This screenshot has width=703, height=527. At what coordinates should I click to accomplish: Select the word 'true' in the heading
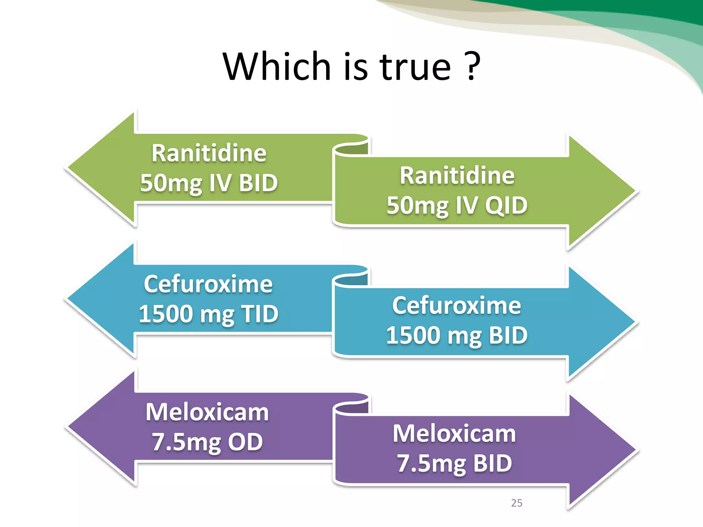(x=415, y=67)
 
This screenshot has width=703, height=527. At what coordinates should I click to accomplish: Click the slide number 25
(x=516, y=503)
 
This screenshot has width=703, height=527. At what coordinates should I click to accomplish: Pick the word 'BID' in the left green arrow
(x=258, y=183)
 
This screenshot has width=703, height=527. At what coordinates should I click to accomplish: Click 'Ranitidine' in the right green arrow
(x=457, y=176)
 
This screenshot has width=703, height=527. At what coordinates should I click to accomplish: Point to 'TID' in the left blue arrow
(x=260, y=314)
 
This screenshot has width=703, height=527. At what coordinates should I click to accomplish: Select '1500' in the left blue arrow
(x=166, y=314)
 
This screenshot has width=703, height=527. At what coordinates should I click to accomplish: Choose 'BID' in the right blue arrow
(x=508, y=335)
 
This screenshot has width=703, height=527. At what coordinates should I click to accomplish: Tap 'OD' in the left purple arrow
(x=245, y=442)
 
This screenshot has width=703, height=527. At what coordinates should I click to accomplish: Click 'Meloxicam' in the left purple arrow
(x=207, y=412)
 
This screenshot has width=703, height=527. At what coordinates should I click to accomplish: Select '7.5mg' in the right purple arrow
(x=431, y=464)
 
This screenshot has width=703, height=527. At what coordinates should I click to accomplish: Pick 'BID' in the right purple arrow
(x=493, y=464)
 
